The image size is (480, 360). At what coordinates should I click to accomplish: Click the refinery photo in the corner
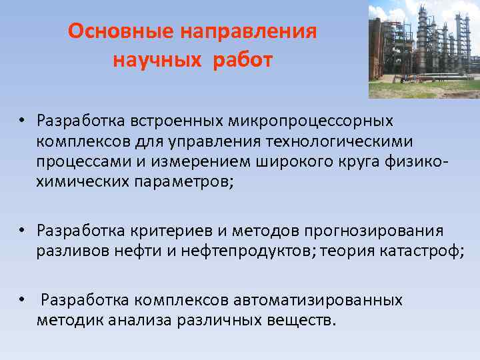[423, 49]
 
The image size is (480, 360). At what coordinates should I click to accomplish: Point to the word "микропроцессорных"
[311, 121]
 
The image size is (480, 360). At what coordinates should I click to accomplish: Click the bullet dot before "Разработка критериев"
[22, 231]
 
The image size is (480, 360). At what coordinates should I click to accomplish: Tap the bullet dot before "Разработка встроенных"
[22, 122]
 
